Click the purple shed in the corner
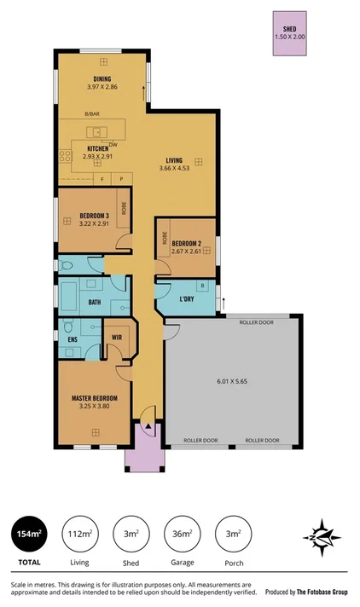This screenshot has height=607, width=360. click(289, 34)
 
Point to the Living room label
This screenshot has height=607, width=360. click(174, 160)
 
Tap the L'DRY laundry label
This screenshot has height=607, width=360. click(187, 300)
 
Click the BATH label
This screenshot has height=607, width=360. click(95, 301)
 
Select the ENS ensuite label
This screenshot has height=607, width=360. click(72, 338)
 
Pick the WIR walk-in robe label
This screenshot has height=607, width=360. click(117, 338)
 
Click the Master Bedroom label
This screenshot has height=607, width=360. click(94, 398)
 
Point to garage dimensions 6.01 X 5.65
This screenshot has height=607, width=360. click(231, 382)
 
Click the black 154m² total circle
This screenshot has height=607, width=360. click(28, 534)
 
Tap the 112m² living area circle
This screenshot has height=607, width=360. click(80, 534)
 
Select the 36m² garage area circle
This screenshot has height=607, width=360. click(181, 534)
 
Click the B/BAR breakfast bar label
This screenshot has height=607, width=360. click(92, 114)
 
